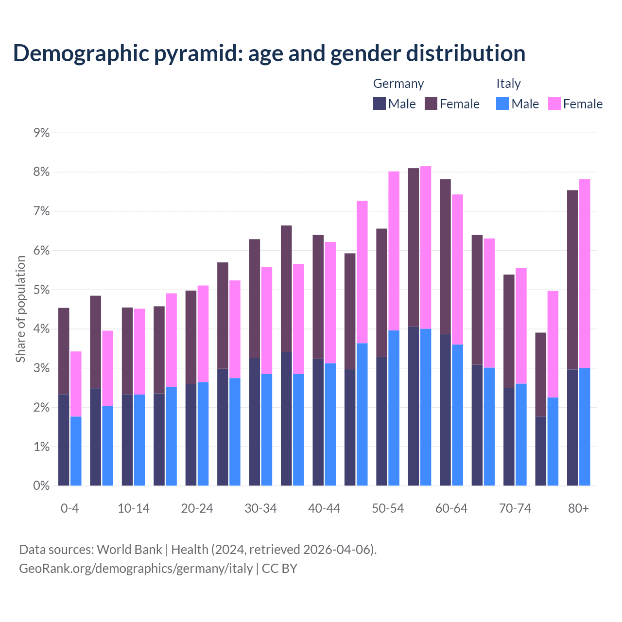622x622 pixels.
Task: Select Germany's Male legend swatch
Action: coord(379,104)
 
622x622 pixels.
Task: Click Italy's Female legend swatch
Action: coord(554,104)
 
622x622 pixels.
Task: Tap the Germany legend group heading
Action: coord(398,84)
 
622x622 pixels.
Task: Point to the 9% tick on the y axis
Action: coord(42,133)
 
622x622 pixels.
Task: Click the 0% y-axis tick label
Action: coord(42,485)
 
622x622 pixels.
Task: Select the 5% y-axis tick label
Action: coord(42,290)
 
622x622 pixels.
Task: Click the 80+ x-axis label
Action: coord(578,508)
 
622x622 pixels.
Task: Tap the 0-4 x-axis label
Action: coord(69,508)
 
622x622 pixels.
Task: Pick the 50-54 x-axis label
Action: coord(388,508)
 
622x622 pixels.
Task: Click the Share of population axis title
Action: coord(20,309)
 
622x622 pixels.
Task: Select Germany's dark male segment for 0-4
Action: coord(64,440)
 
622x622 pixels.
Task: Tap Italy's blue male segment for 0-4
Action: coord(76,451)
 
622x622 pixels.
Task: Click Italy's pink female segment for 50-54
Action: coord(394,251)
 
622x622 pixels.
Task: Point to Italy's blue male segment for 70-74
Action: coord(521,434)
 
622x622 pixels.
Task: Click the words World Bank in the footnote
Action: coord(129,550)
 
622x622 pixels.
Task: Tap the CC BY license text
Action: coord(279,569)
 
